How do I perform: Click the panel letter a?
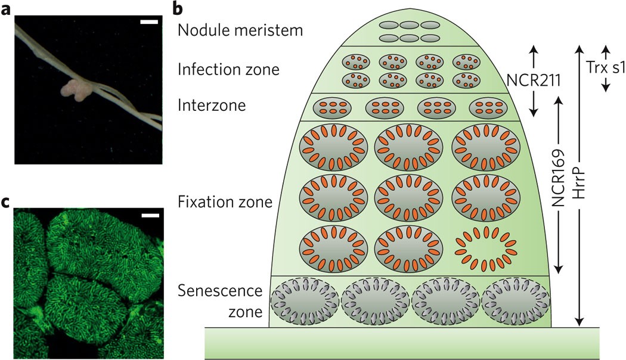click(x=7, y=9)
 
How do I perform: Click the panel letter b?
click(x=178, y=8)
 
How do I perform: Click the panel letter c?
click(x=7, y=202)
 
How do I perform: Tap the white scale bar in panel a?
click(x=149, y=22)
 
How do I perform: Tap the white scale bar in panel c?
click(x=150, y=216)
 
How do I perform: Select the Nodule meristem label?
click(x=240, y=30)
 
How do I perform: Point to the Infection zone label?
click(x=228, y=70)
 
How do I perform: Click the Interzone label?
click(x=212, y=105)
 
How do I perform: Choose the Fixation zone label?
click(x=225, y=202)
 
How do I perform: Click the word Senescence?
click(x=220, y=290)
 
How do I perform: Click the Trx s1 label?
click(x=605, y=67)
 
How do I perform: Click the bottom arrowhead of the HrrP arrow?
click(x=579, y=322)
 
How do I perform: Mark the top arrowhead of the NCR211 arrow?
click(x=534, y=50)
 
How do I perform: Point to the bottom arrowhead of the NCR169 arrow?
click(x=559, y=269)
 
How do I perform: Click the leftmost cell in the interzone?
click(x=332, y=108)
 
